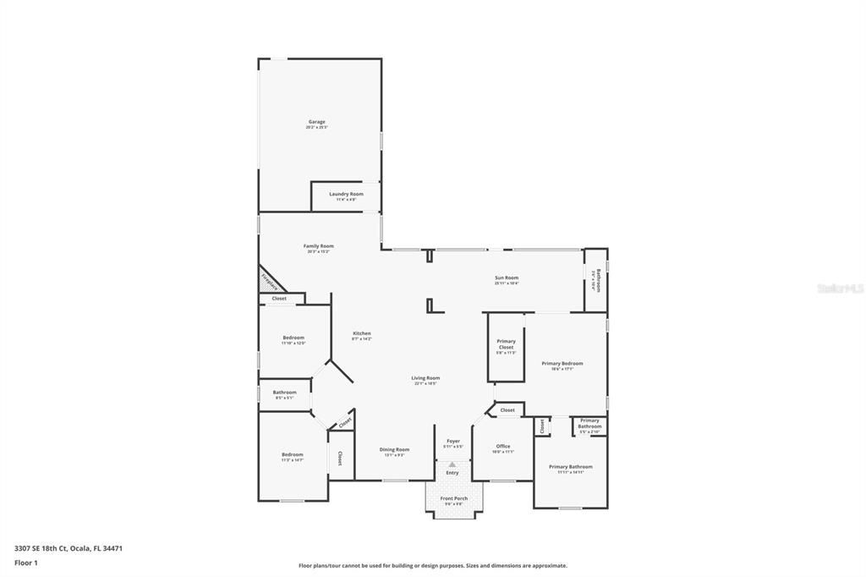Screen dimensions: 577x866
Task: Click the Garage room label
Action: [x=316, y=123]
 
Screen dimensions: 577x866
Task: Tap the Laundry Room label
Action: [x=346, y=195]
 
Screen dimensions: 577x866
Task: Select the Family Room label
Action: [x=319, y=247]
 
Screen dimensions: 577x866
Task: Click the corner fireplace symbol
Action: [x=268, y=279]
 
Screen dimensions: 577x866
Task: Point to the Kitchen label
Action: [x=361, y=334]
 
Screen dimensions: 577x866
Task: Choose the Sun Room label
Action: [x=507, y=278]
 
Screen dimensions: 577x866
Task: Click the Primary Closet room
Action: [x=506, y=346]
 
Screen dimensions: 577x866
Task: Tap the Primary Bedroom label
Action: [x=562, y=365]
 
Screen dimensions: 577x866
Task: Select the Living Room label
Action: [x=425, y=379]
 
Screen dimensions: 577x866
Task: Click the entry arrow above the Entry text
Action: [x=452, y=464]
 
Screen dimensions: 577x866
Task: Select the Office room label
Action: [x=503, y=448]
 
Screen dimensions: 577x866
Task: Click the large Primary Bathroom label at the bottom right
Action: [x=570, y=468]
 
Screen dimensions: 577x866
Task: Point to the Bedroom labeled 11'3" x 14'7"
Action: [x=292, y=456]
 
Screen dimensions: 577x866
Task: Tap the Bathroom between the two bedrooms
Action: [x=284, y=393]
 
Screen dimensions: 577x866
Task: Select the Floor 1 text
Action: [x=26, y=562]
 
